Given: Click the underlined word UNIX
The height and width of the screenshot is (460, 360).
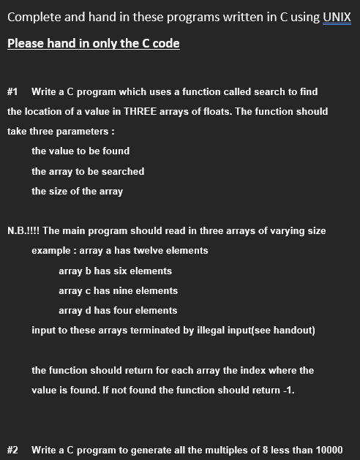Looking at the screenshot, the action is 337,17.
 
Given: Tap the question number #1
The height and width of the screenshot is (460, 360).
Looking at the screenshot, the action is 12,91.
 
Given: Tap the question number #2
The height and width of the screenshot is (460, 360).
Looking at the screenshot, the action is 12,449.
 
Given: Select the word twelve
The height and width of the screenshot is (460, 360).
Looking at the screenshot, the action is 147,251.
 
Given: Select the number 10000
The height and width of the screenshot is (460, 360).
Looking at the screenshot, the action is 329,449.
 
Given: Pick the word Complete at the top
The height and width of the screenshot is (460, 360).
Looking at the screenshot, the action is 33,17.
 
